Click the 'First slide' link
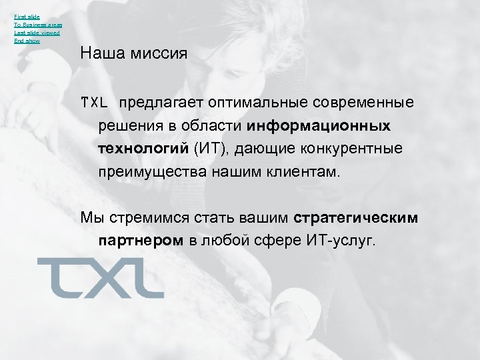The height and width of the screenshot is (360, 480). [x=27, y=15]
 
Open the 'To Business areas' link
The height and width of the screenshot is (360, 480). [x=37, y=24]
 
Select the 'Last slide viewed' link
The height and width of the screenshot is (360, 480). [x=37, y=33]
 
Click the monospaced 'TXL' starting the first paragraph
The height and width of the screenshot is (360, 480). [x=94, y=103]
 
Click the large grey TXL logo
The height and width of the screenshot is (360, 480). [x=100, y=277]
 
